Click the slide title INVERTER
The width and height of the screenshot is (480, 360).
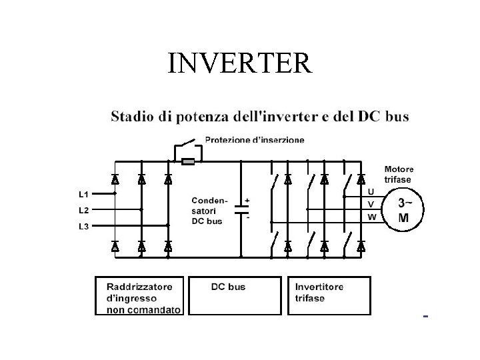(x=239, y=63)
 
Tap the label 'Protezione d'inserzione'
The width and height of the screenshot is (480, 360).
(x=255, y=140)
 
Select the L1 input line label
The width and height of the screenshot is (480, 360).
(x=83, y=194)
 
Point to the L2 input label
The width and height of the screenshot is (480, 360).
(x=83, y=209)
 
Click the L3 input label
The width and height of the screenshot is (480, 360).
(x=83, y=226)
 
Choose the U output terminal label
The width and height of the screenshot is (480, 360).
(x=371, y=192)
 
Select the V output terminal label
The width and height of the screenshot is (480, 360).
(x=371, y=204)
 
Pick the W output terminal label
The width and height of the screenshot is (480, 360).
(x=371, y=217)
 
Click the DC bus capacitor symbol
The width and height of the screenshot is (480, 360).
(x=240, y=208)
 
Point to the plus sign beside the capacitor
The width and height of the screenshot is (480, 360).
(x=248, y=199)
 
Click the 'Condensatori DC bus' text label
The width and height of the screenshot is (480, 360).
(x=209, y=210)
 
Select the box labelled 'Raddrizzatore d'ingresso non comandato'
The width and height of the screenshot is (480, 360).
(x=139, y=295)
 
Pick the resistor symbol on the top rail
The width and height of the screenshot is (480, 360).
(x=188, y=161)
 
